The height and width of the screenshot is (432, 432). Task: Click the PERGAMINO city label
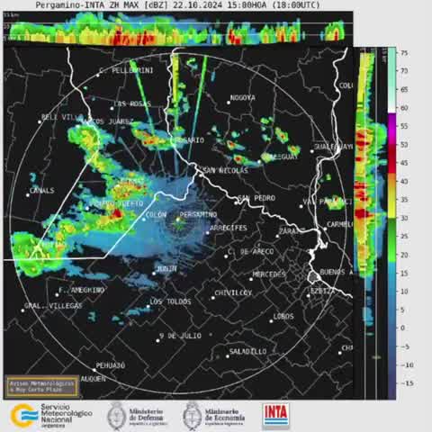click(x=198, y=214)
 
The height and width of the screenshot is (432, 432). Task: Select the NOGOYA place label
click(x=242, y=97)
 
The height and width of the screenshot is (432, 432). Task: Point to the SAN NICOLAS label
click(x=225, y=170)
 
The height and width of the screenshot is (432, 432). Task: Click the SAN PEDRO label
click(x=256, y=198)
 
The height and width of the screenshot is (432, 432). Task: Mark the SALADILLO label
click(x=247, y=351)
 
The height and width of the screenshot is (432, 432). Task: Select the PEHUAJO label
click(x=110, y=365)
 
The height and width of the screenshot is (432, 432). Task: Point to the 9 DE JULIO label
click(x=180, y=336)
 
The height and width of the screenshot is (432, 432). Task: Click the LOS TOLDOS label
click(x=169, y=301)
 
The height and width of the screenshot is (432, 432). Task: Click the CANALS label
click(x=41, y=191)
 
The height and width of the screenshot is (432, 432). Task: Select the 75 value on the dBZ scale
click(x=405, y=53)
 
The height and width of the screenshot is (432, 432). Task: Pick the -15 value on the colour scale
click(x=407, y=382)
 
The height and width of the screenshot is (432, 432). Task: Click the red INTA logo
click(x=276, y=415)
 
